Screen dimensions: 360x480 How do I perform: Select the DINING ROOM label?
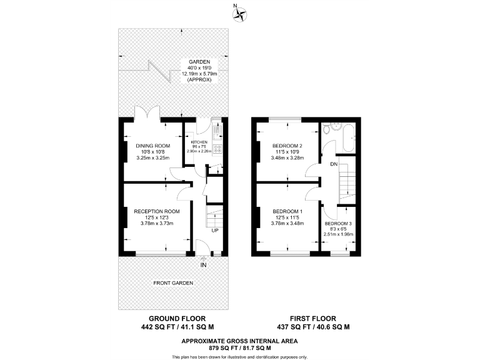click(153, 146)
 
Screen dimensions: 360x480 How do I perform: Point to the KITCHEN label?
click(199, 142)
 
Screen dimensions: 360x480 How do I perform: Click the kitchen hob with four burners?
click(217, 149)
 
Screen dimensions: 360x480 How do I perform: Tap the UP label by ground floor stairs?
click(214, 231)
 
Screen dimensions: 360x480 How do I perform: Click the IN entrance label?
click(203, 265)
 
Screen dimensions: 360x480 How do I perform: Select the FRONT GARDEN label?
click(173, 283)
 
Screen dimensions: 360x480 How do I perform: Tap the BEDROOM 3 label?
click(338, 223)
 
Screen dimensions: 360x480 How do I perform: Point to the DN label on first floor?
click(334, 164)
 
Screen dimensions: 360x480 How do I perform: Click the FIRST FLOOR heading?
click(312, 317)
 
